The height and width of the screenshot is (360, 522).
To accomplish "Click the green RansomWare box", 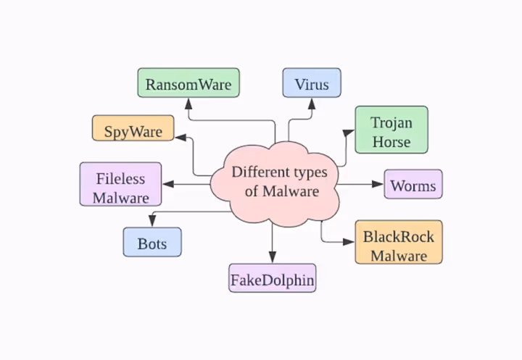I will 188,83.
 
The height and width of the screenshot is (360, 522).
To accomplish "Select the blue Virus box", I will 312,83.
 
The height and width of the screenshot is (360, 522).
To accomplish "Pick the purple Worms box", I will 413,184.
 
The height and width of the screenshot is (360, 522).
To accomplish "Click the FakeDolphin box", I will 273,278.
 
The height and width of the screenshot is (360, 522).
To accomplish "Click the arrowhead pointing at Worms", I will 378,184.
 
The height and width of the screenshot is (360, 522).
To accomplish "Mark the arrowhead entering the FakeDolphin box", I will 273,258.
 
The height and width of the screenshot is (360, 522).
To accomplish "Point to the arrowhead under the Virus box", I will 311,103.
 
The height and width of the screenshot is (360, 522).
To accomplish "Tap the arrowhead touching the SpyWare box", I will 179,134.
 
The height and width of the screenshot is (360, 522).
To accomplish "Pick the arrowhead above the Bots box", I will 152,222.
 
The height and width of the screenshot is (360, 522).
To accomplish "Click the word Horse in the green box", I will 391,141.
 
